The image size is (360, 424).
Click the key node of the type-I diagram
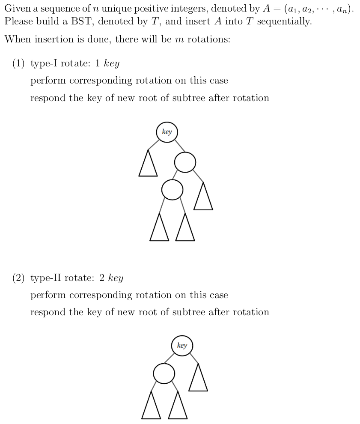[167, 132]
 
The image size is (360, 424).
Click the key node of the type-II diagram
[182, 346]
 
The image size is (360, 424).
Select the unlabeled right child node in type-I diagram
[185, 162]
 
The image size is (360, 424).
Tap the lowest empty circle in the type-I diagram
[172, 190]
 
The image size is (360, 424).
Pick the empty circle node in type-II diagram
[164, 373]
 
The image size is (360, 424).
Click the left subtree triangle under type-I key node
[148, 163]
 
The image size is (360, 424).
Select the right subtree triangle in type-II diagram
[198, 377]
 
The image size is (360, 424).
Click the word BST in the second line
[81, 21]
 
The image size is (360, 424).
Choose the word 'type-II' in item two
[46, 278]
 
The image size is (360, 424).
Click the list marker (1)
[18, 63]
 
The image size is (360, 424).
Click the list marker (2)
[18, 278]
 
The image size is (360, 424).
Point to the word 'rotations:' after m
[209, 39]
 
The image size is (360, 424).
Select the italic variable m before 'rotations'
[179, 40]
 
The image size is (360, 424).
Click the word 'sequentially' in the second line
[284, 21]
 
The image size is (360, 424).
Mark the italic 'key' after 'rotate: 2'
[116, 278]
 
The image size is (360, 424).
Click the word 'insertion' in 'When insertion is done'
[54, 39]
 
